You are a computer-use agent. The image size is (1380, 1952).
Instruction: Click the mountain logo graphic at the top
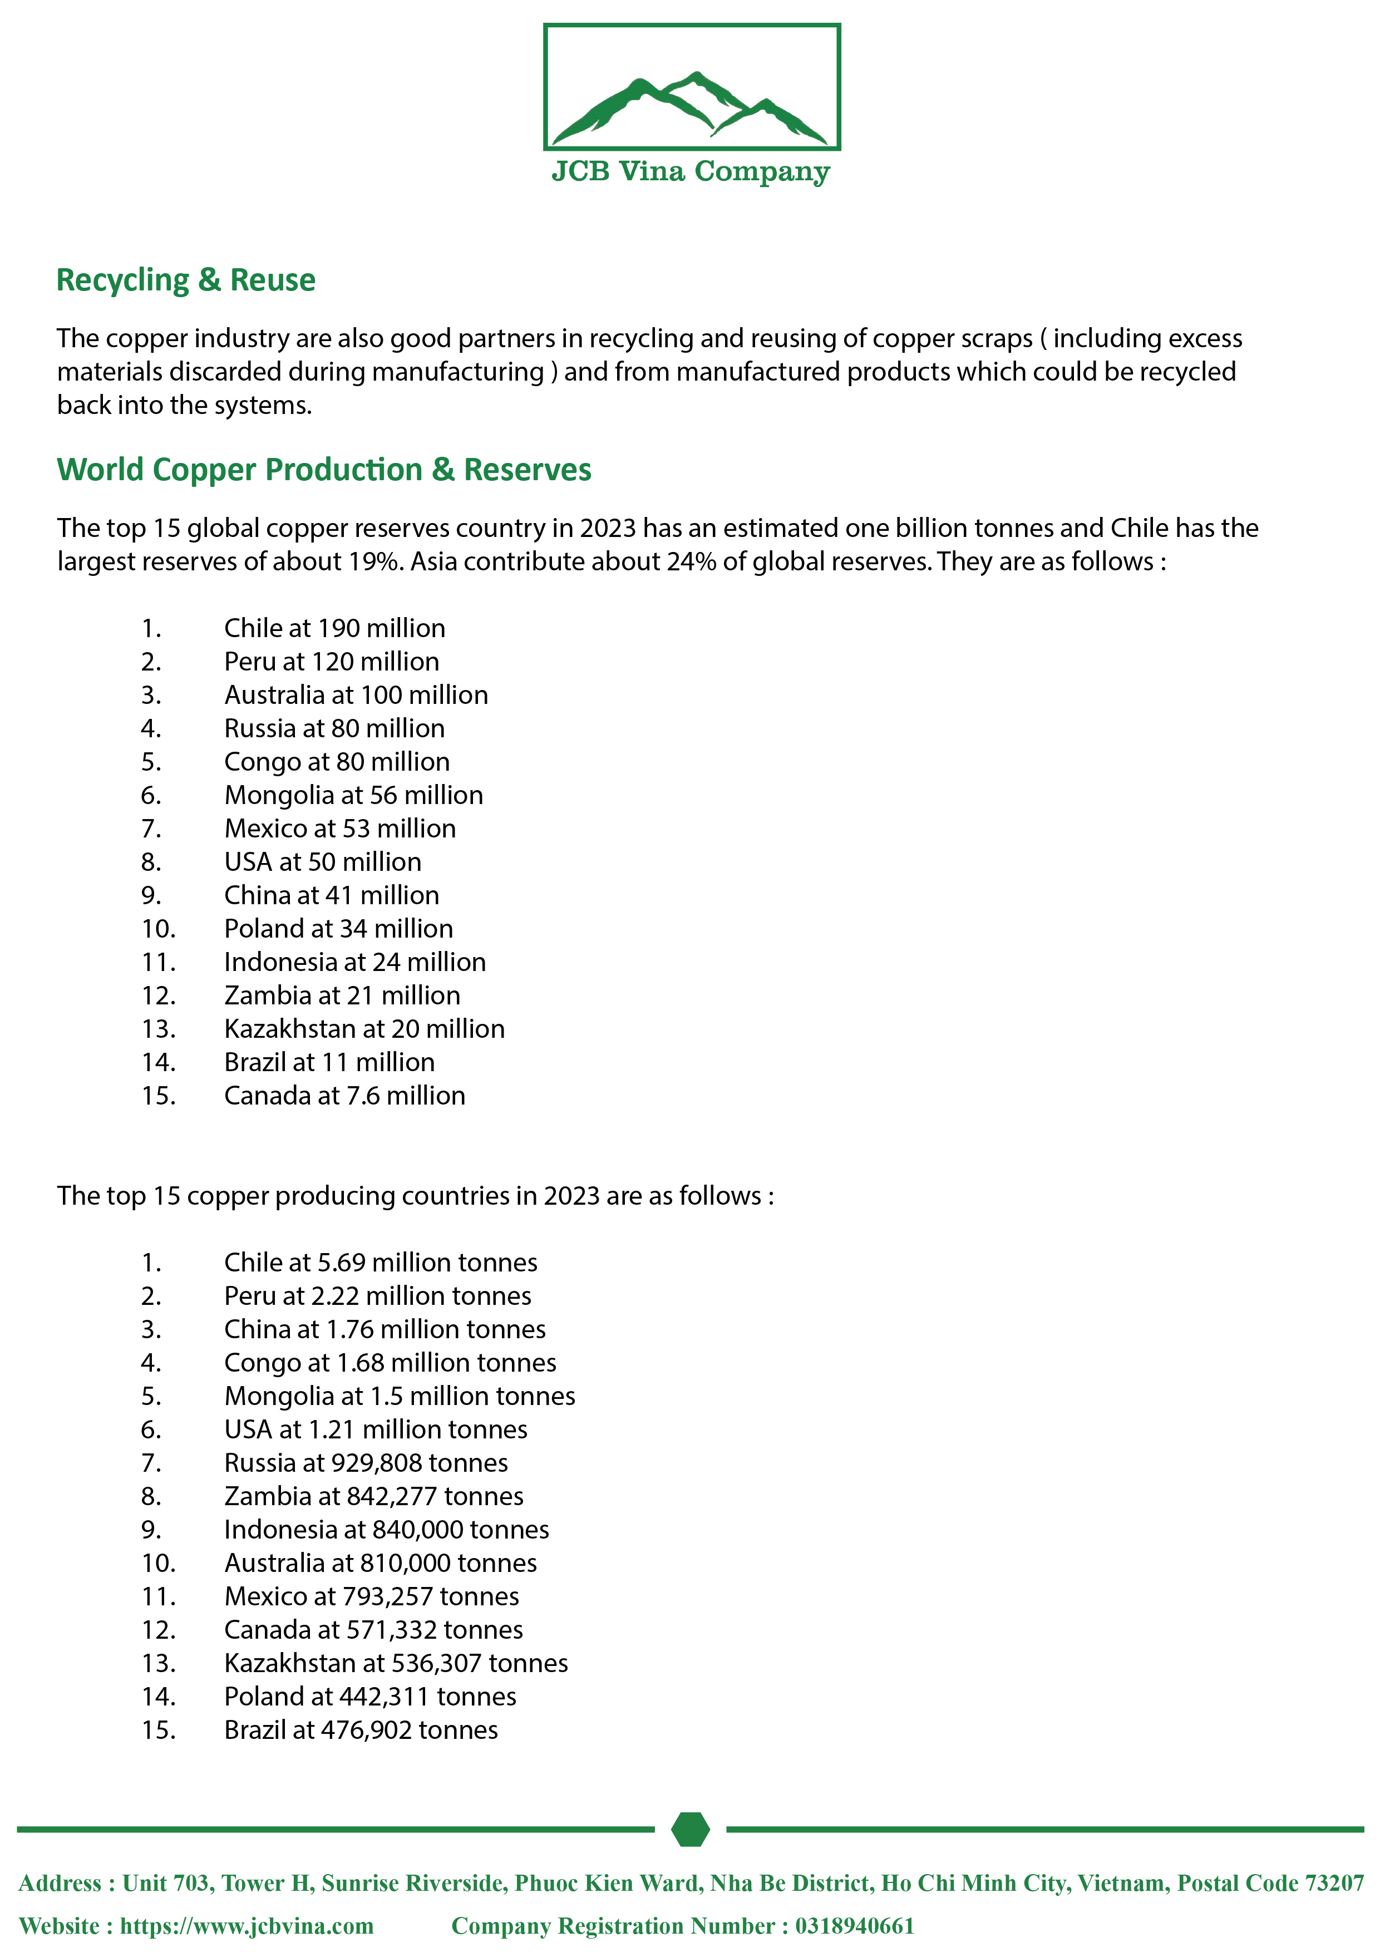coord(691,106)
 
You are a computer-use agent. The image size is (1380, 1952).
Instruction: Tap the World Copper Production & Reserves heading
coord(324,469)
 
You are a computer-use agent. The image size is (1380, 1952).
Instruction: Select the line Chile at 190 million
coord(334,628)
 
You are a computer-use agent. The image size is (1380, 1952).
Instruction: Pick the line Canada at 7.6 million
coord(344,1096)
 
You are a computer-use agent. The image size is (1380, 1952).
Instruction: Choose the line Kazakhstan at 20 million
coord(364,1029)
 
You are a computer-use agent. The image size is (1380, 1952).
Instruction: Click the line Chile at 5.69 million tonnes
coord(380,1263)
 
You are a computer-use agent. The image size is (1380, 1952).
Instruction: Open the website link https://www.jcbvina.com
coord(247,1926)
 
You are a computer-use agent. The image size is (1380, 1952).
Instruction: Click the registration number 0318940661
coord(855,1926)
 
